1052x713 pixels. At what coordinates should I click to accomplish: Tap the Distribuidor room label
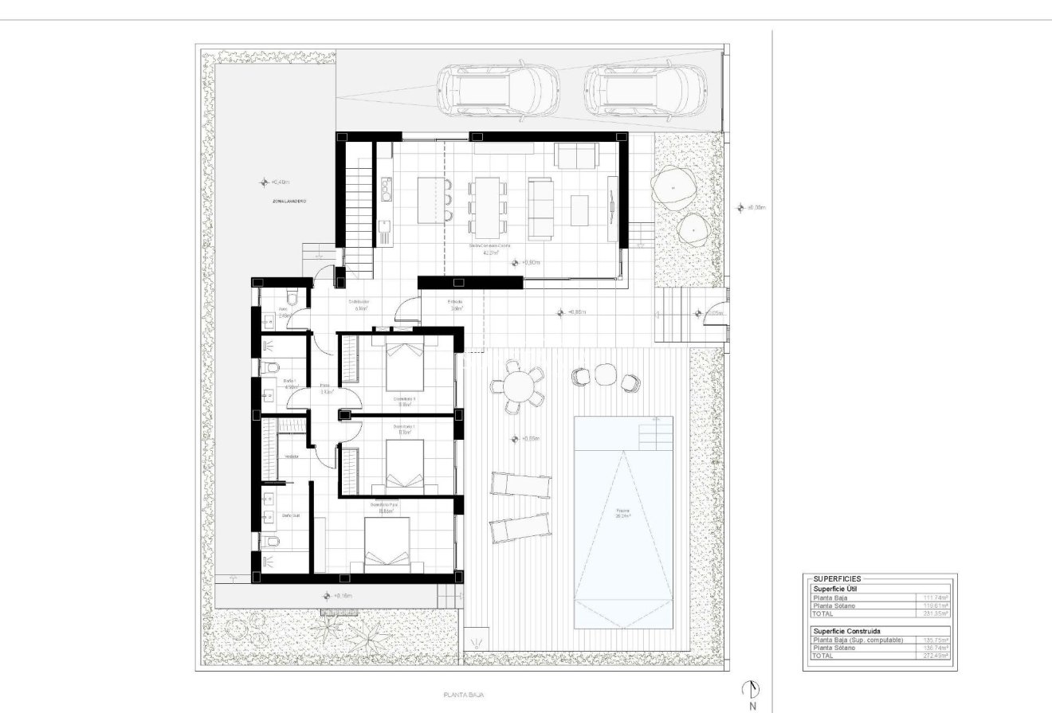(x=359, y=303)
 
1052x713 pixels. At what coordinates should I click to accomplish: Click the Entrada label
(x=455, y=303)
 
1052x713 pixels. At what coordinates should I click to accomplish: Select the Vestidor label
(x=292, y=456)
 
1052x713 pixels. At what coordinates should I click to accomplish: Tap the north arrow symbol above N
(x=752, y=689)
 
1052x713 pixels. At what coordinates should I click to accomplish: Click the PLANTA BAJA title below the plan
(x=461, y=695)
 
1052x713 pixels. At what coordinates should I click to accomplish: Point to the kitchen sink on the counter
(x=387, y=189)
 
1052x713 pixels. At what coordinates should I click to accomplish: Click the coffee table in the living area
(x=580, y=210)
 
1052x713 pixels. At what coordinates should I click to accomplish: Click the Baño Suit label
(x=291, y=515)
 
